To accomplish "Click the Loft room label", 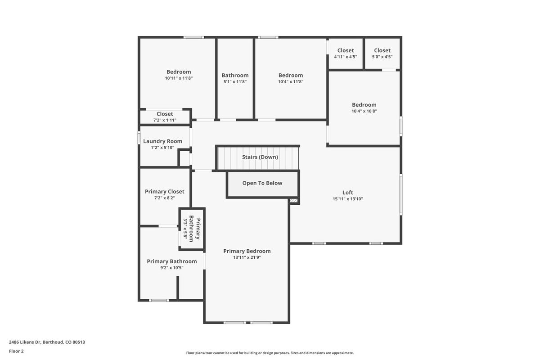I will [x=347, y=193].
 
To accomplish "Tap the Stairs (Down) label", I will [x=260, y=157].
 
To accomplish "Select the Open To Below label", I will [x=262, y=183].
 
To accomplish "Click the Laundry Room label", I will [x=162, y=141].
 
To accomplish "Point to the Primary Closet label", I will [x=164, y=192].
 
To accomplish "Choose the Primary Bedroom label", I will [x=247, y=251].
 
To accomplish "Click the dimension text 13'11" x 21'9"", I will [x=247, y=258].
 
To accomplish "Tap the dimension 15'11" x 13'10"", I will [x=347, y=199].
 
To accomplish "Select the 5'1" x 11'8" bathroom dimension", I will [x=235, y=82].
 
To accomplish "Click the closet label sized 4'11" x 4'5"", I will [x=346, y=50].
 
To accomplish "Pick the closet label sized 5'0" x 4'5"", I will [x=382, y=50].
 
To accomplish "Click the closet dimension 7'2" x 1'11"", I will [x=165, y=120].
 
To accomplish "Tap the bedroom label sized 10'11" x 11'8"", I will [x=179, y=72].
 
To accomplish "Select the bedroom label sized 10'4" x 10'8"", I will [x=364, y=105].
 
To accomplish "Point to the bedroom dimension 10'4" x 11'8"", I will [x=291, y=82].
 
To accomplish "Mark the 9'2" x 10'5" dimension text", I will [x=171, y=268].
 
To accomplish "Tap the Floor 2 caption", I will [x=16, y=351].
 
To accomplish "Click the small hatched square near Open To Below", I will [x=294, y=201].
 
